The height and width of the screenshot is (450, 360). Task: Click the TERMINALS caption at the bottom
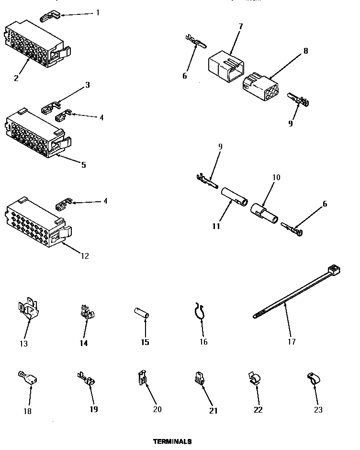172,441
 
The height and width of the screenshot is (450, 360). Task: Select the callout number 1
98,12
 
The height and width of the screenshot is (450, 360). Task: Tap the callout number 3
87,85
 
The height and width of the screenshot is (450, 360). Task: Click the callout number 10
276,177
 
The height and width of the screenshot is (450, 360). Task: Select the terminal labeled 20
142,379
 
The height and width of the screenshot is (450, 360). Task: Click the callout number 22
258,410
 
